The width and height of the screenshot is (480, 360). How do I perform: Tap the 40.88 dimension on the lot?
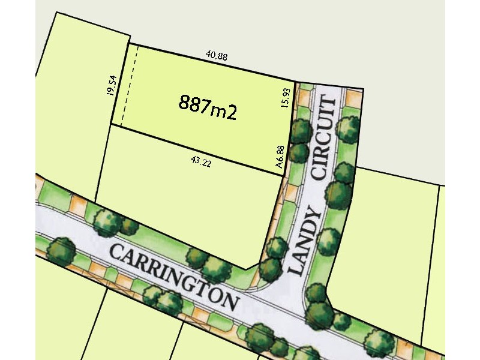click(216, 56)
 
